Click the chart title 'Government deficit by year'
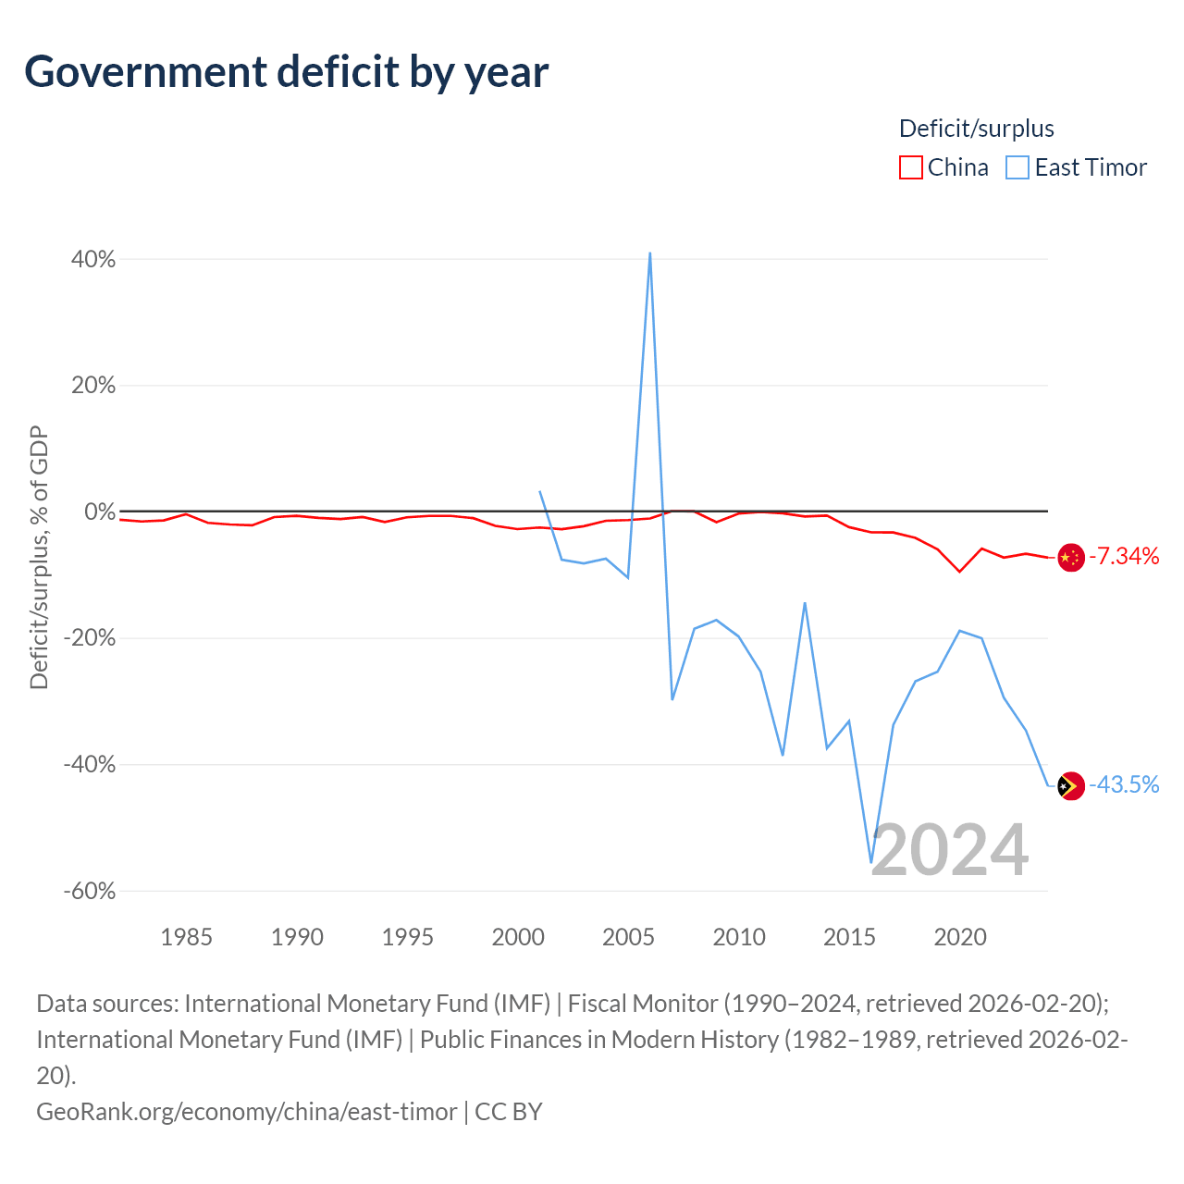coord(286,72)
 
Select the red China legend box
coord(910,167)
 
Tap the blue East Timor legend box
coord(1017,167)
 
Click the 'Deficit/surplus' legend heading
coord(976,129)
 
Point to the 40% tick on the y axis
coord(93,259)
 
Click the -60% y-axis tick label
coord(90,890)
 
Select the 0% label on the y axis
coord(100,512)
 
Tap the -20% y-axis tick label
coord(90,637)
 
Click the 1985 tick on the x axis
coord(186,938)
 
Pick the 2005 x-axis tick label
coord(628,938)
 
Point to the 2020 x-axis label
coord(960,938)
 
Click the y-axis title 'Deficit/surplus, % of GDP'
coord(39,557)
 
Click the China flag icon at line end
coord(1071,557)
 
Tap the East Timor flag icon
coord(1071,785)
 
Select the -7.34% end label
coord(1124,556)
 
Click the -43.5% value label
coord(1124,784)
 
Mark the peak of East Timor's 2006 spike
coord(650,253)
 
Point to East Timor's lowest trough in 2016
coord(871,863)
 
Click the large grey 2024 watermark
coord(950,850)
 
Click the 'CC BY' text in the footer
coord(509,1112)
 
